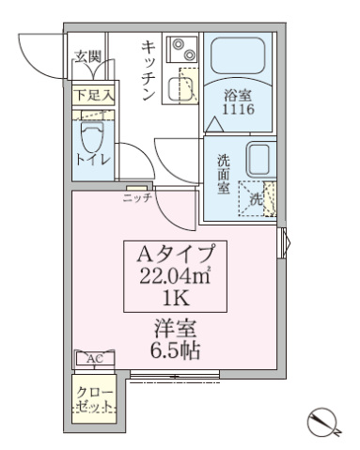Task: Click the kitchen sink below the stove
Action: coord(180,87)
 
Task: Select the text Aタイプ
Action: coord(178,253)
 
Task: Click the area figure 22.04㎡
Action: coord(178,276)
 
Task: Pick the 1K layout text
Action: coord(178,300)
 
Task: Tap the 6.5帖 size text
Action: coord(178,350)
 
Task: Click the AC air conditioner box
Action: coord(94,359)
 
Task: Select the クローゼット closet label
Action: coord(93,398)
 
